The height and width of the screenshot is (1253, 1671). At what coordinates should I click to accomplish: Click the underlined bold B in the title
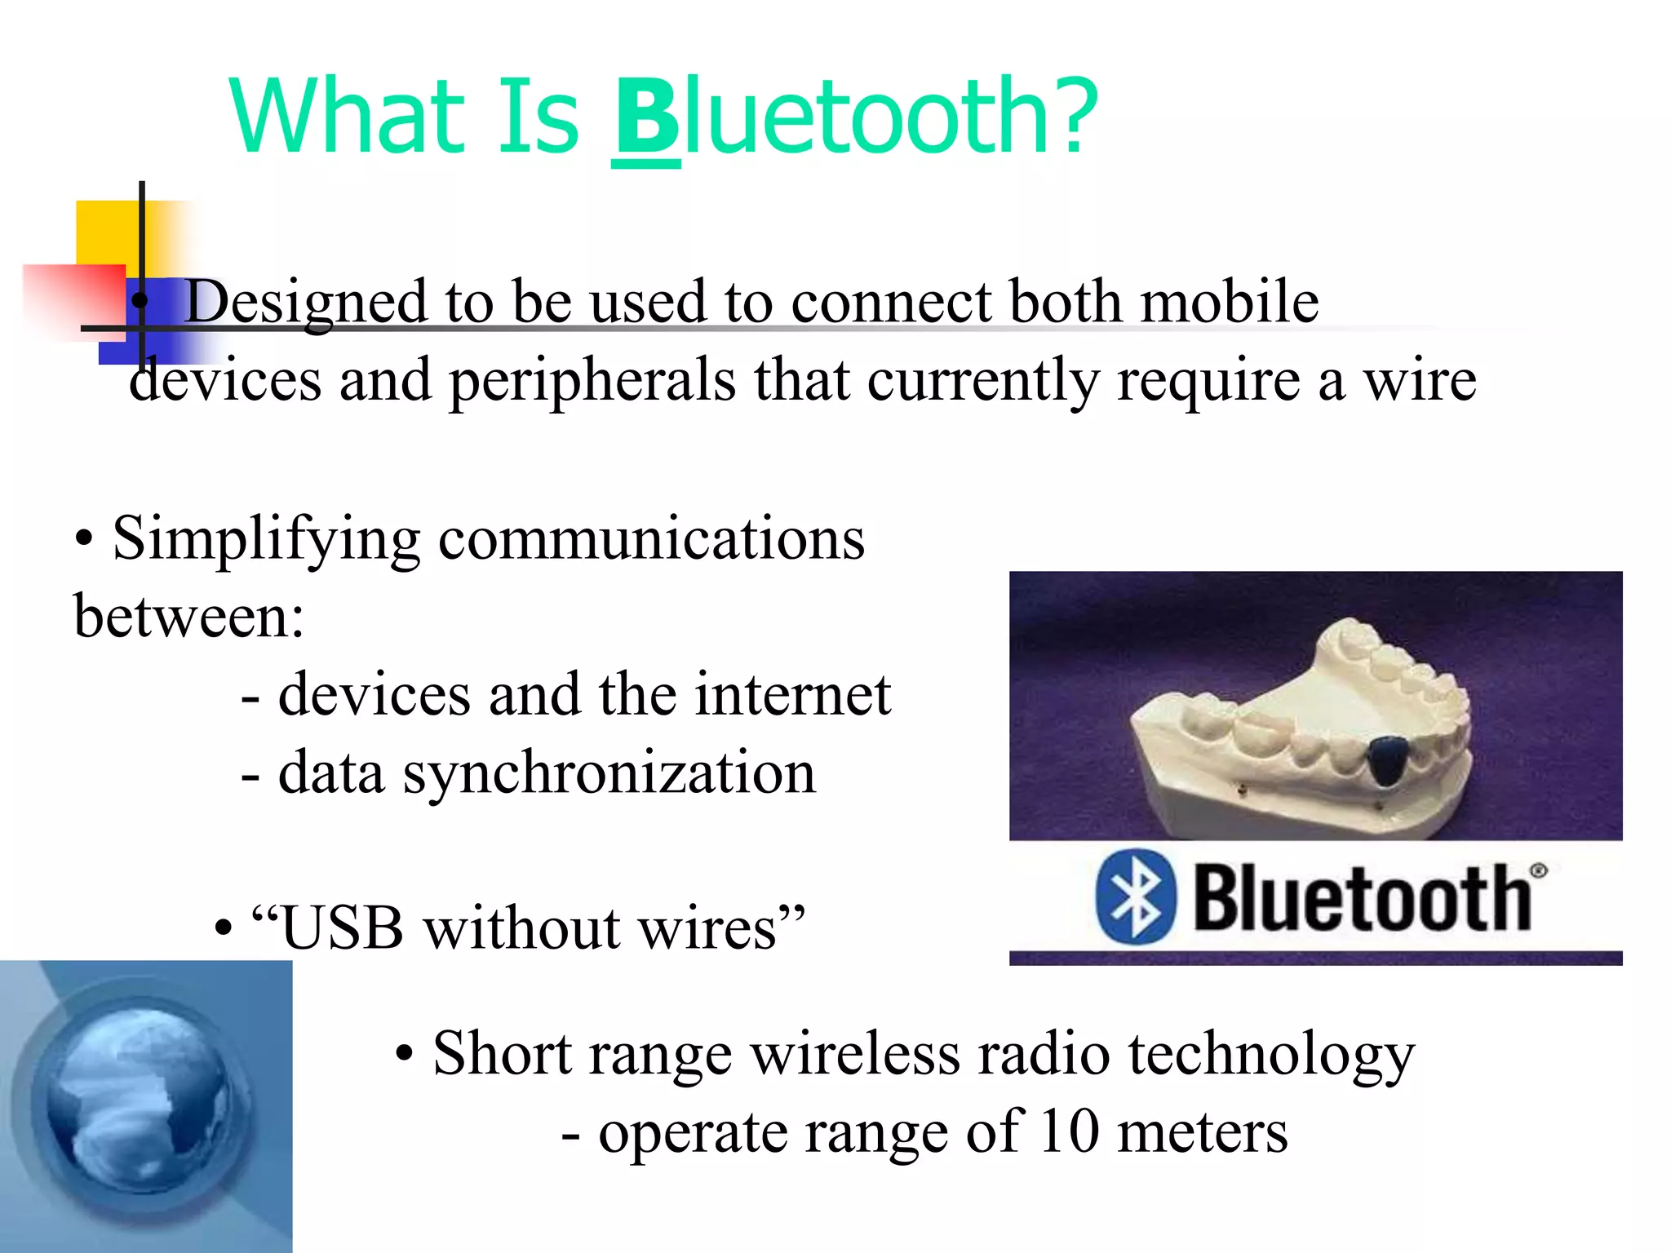[x=646, y=118]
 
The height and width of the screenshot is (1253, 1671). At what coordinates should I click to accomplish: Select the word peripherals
[x=592, y=381]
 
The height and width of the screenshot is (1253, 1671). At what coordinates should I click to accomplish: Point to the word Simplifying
[x=266, y=540]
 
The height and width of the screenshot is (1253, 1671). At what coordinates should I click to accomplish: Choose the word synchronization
[x=609, y=773]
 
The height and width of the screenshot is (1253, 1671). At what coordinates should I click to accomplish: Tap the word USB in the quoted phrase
[x=343, y=928]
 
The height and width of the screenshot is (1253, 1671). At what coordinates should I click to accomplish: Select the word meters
[x=1202, y=1132]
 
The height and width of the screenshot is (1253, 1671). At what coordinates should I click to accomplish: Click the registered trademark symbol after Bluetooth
[x=1538, y=870]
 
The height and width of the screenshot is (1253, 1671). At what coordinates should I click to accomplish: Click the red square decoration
[x=73, y=298]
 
